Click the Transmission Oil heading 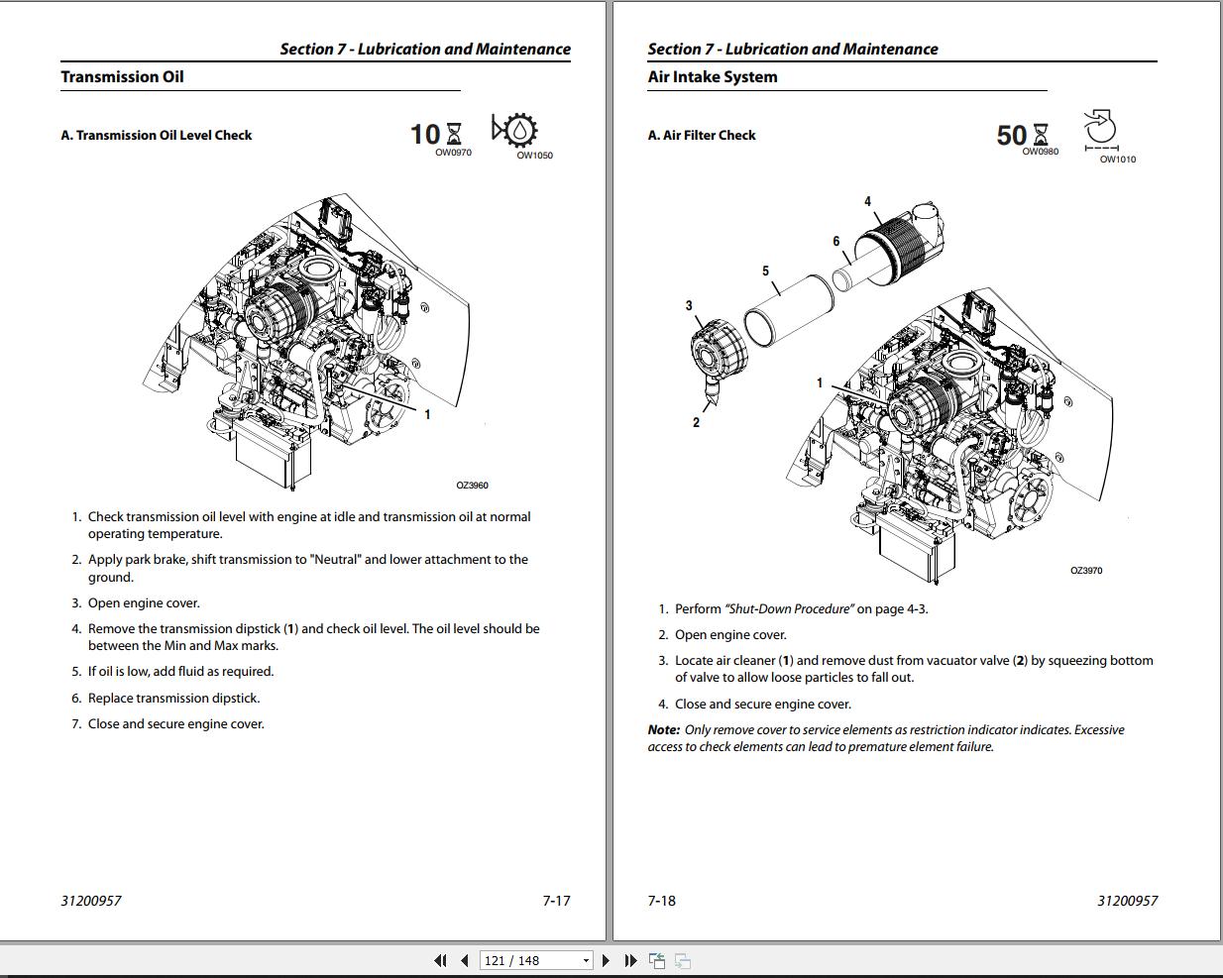pyautogui.click(x=122, y=77)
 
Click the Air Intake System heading pyautogui.click(x=712, y=77)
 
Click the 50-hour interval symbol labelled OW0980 pyautogui.click(x=1023, y=136)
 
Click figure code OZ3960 pyautogui.click(x=472, y=486)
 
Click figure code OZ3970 pyautogui.click(x=1086, y=571)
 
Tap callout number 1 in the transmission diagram pyautogui.click(x=427, y=414)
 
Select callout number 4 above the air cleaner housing pyautogui.click(x=867, y=201)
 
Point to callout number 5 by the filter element pyautogui.click(x=765, y=271)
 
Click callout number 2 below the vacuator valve pyautogui.click(x=696, y=422)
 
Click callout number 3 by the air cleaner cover pyautogui.click(x=689, y=305)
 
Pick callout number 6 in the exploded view pyautogui.click(x=836, y=241)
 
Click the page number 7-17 pyautogui.click(x=556, y=901)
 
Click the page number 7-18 pyautogui.click(x=661, y=901)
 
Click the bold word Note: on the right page pyautogui.click(x=664, y=730)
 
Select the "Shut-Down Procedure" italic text pyautogui.click(x=789, y=609)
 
